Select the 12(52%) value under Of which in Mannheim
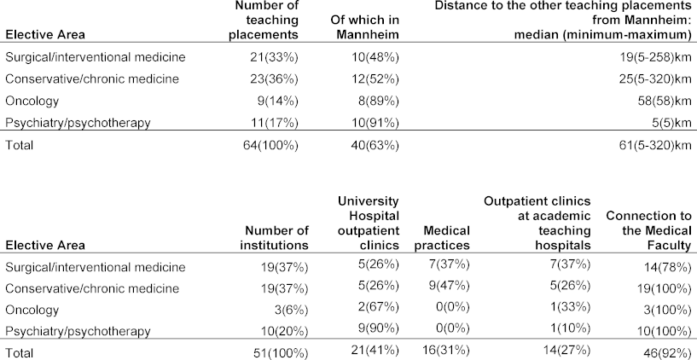[378, 79]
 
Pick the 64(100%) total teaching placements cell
[273, 145]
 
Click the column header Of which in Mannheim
[364, 27]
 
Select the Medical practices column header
[442, 238]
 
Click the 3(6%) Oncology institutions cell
[291, 311]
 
